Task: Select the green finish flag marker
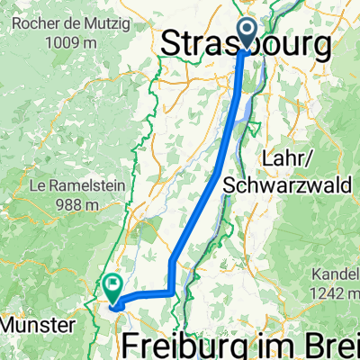[112, 289]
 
